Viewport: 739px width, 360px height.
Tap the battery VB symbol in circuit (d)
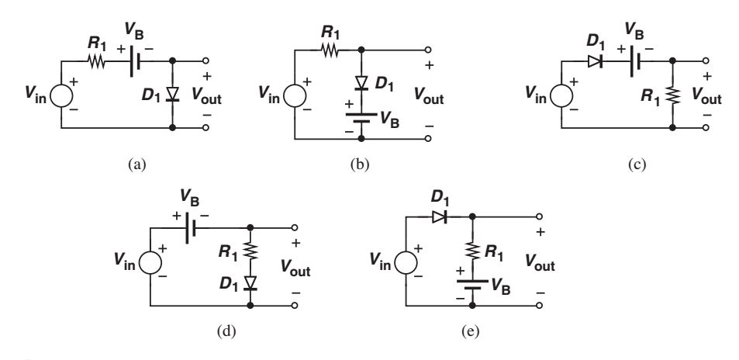190,229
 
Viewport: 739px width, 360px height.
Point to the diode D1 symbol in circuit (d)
250,282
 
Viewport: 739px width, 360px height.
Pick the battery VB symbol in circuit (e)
472,287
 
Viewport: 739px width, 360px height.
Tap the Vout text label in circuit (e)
546,264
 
